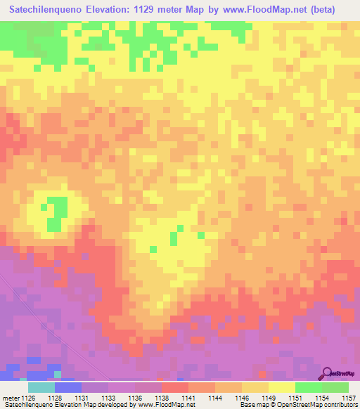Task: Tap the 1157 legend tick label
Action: (347, 398)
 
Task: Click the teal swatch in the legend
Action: (41, 387)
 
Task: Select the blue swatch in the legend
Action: (68, 387)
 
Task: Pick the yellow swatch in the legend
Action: (282, 387)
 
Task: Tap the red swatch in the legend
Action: (175, 387)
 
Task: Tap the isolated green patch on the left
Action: (56, 210)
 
